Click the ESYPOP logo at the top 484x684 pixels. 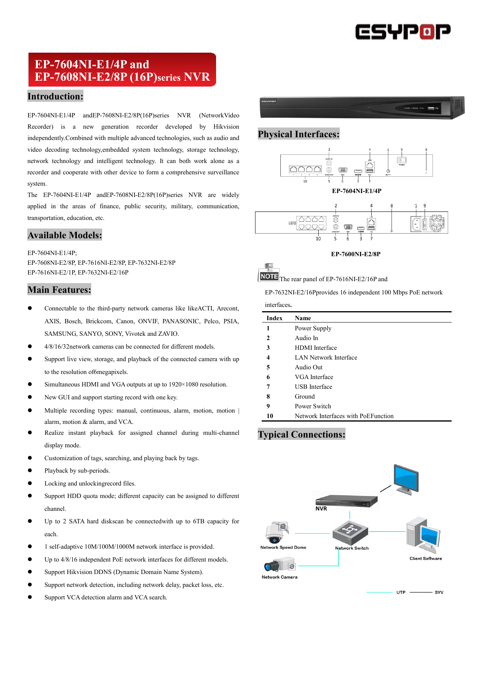pyautogui.click(x=402, y=32)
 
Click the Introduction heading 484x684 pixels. pyautogui.click(x=55, y=96)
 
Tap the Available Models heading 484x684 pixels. pyautogui.click(x=65, y=235)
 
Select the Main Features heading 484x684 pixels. pyautogui.click(x=59, y=290)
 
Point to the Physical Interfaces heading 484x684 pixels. pyautogui.click(x=298, y=134)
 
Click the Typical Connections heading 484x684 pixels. pyautogui.click(x=301, y=434)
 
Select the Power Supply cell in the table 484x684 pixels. pyautogui.click(x=313, y=328)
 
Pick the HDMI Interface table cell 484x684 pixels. pyautogui.click(x=316, y=348)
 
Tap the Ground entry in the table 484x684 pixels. pyautogui.click(x=305, y=397)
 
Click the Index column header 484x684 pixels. pyautogui.click(x=274, y=318)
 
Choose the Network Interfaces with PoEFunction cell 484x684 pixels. pyautogui.click(x=344, y=416)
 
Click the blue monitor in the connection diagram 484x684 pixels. pyautogui.click(x=406, y=479)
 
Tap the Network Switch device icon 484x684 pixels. pyautogui.click(x=350, y=532)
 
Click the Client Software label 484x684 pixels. pyautogui.click(x=425, y=558)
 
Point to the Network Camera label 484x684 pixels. pyautogui.click(x=279, y=577)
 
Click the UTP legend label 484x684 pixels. pyautogui.click(x=401, y=592)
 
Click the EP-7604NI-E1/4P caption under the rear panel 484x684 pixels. pyautogui.click(x=356, y=191)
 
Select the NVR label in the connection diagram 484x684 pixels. pyautogui.click(x=321, y=509)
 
